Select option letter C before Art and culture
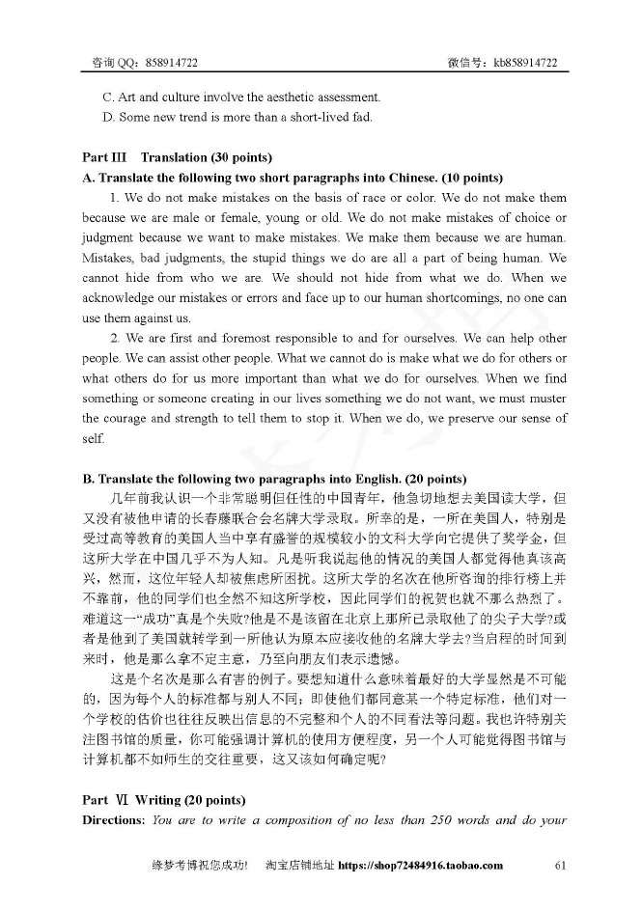(107, 97)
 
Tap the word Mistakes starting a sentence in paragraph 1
(110, 259)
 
